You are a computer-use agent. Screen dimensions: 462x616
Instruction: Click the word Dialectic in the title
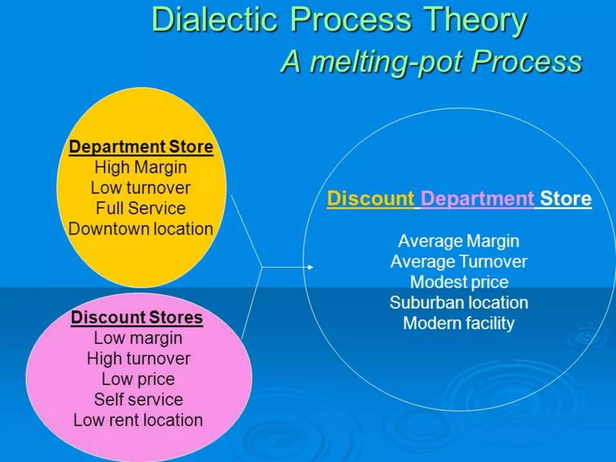click(x=214, y=20)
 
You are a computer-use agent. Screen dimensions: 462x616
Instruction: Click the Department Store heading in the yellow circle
click(x=141, y=147)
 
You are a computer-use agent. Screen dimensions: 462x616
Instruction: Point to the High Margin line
click(x=141, y=167)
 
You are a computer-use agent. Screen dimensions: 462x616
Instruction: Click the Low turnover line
click(x=141, y=188)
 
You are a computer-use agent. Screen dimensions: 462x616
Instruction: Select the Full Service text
click(x=141, y=208)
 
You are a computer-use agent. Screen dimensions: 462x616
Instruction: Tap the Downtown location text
click(x=141, y=229)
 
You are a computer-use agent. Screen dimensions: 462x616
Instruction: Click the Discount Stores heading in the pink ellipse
click(x=137, y=318)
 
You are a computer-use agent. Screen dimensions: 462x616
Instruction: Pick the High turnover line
click(x=139, y=359)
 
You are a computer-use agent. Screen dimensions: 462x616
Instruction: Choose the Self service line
click(x=139, y=400)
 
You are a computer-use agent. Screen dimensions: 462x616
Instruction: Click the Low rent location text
click(x=138, y=420)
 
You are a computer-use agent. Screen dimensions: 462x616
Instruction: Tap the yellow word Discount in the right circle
click(x=371, y=199)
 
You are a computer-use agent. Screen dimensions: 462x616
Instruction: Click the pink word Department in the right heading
click(x=477, y=199)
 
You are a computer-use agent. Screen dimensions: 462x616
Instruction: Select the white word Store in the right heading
click(x=566, y=199)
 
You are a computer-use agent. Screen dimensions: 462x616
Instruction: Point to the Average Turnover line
click(x=459, y=262)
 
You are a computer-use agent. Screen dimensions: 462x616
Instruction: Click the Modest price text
click(x=459, y=282)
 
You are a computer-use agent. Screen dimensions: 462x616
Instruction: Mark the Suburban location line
click(x=459, y=303)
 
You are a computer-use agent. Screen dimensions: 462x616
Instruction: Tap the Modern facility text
click(x=459, y=323)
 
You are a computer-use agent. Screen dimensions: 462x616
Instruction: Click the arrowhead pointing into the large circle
click(x=310, y=267)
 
